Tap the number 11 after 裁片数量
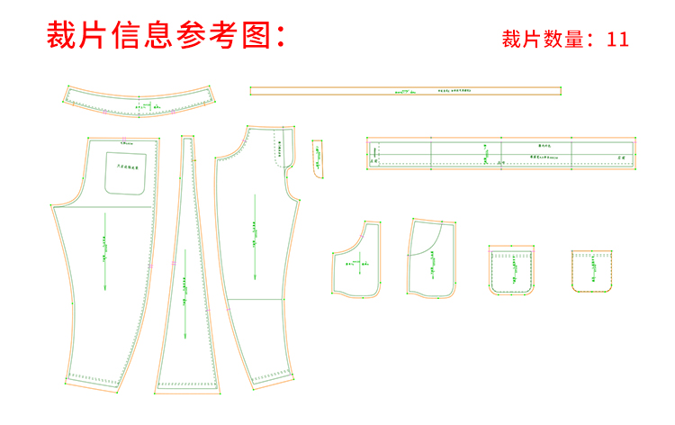(617, 40)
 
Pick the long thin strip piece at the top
(405, 90)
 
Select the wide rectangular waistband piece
(502, 152)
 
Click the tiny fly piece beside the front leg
(318, 158)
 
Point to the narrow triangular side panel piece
(187, 270)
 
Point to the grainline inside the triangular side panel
(184, 288)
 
